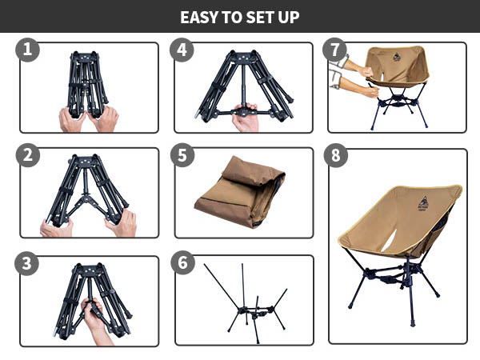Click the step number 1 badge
pyautogui.click(x=29, y=50)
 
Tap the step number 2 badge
pyautogui.click(x=29, y=155)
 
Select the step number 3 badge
pyautogui.click(x=29, y=263)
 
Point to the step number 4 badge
pyautogui.click(x=182, y=50)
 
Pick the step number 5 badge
pyautogui.click(x=182, y=155)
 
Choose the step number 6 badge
pyautogui.click(x=182, y=263)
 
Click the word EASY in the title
pyautogui.click(x=200, y=17)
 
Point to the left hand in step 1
pyautogui.click(x=72, y=120)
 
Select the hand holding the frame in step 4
pyautogui.click(x=245, y=118)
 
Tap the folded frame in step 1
pyautogui.click(x=87, y=84)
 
